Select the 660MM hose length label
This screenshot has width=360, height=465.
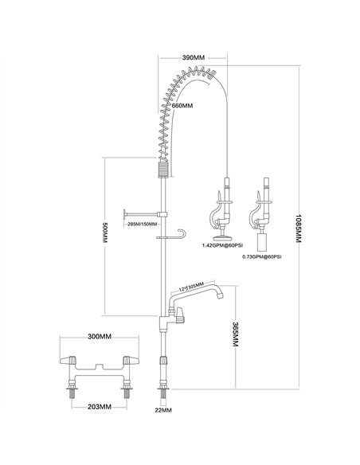pos(183,105)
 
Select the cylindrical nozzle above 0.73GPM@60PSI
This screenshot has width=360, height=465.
pos(260,239)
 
